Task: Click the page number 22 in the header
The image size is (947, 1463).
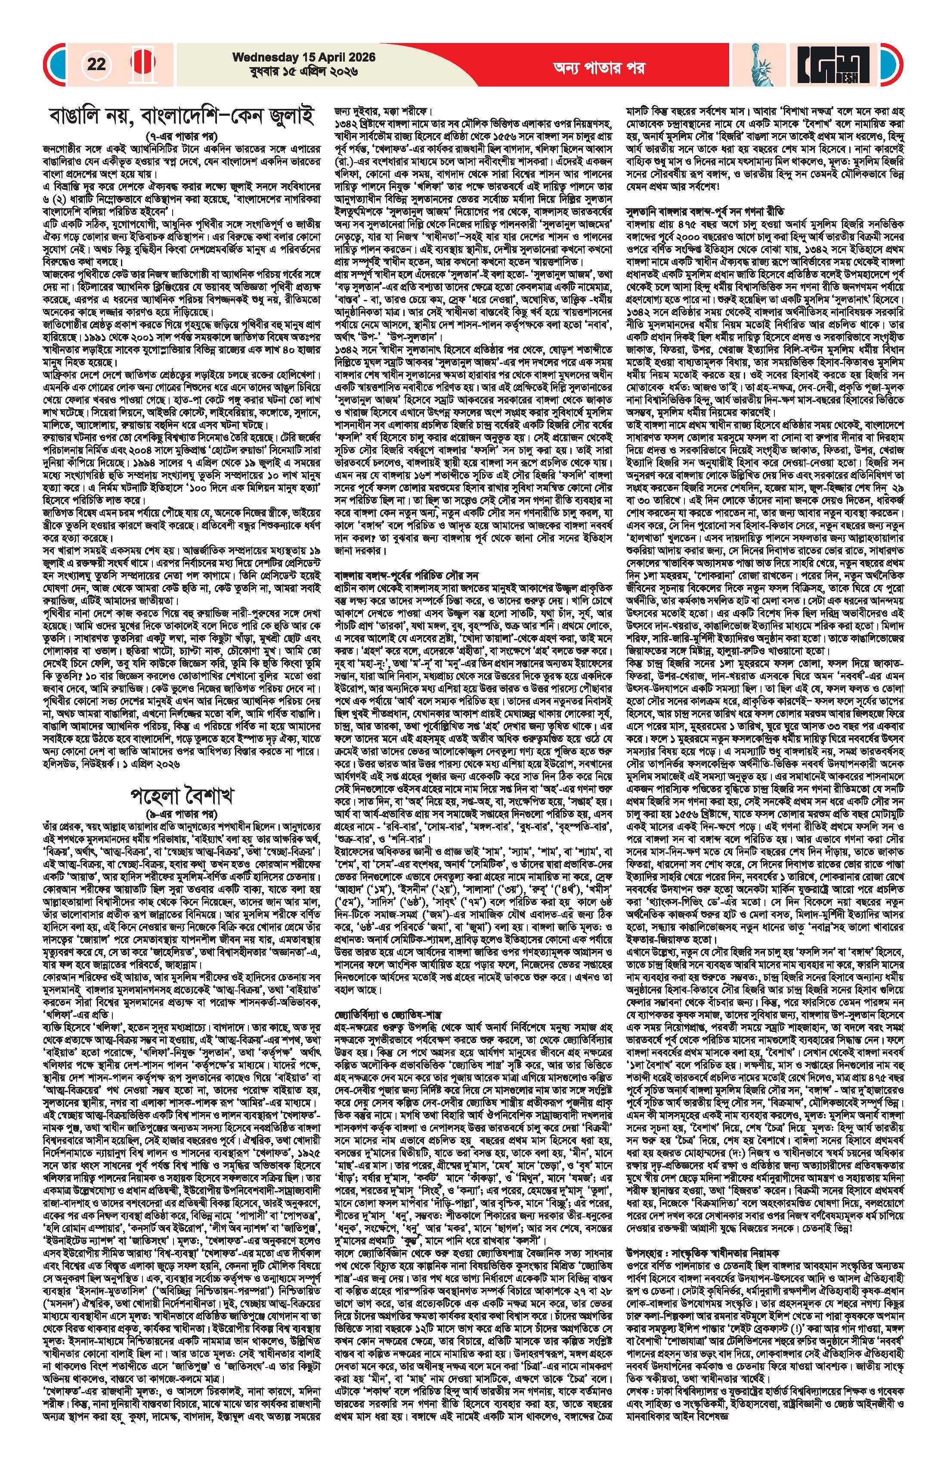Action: point(96,65)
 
